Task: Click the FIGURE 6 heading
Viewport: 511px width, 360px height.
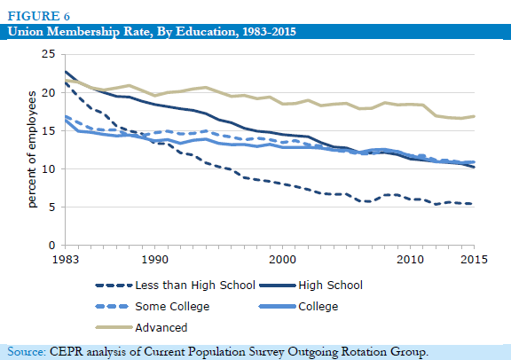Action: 39,16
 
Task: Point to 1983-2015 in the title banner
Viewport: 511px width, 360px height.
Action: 269,32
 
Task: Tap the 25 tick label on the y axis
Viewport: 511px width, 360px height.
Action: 49,54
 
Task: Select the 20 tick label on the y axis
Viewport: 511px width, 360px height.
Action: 49,92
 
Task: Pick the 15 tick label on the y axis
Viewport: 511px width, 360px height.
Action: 49,130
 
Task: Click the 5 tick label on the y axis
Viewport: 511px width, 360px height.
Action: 52,207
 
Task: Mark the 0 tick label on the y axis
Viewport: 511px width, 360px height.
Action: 52,246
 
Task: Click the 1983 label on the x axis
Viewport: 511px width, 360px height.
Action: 66,260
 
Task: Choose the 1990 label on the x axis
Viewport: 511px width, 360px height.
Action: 154,260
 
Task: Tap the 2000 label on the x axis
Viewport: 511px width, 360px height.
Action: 282,260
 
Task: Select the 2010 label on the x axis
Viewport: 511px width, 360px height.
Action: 410,260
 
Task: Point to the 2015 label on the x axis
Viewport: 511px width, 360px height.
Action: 474,260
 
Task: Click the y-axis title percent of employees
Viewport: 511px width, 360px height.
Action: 32,149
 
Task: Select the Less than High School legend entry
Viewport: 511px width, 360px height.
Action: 176,286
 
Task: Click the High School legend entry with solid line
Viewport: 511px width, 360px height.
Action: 311,286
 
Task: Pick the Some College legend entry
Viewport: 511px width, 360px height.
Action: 153,307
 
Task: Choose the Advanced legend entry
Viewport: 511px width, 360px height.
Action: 141,327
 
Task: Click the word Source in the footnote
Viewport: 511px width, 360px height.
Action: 27,352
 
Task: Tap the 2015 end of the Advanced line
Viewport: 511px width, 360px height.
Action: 474,116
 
